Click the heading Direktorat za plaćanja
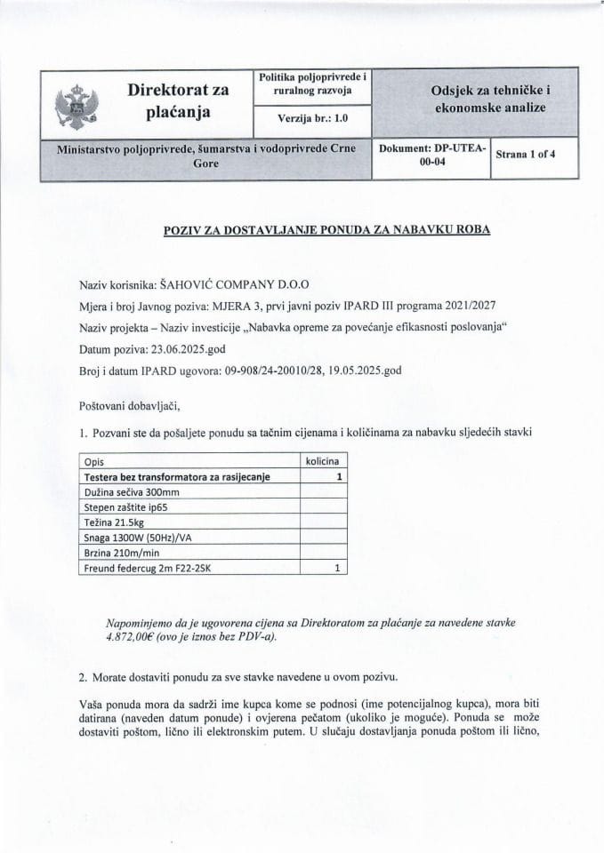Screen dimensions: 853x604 pos(178,102)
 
